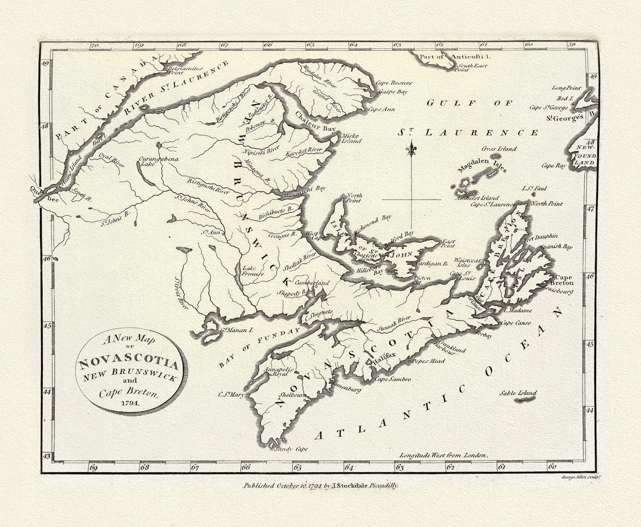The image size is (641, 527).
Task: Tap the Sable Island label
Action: pos(518,393)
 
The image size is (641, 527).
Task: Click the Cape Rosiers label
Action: pos(394,83)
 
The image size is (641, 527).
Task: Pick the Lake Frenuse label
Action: pos(253,271)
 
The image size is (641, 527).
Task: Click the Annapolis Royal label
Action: pos(278,372)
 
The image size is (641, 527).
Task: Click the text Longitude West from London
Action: pos(443,456)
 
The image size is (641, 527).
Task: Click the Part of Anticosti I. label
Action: pos(455,57)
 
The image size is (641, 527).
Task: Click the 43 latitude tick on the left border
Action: pos(47,456)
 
